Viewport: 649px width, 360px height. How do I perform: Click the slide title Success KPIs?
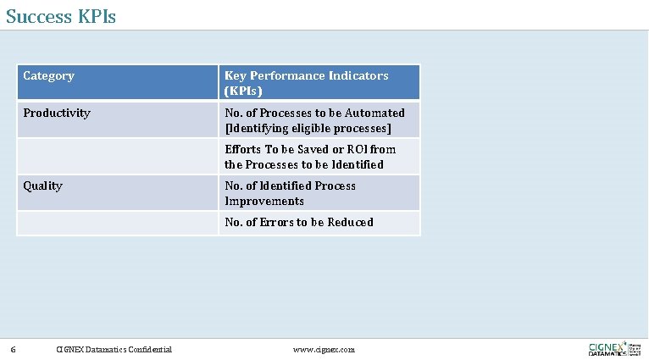pos(61,15)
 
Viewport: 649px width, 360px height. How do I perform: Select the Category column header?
pos(48,76)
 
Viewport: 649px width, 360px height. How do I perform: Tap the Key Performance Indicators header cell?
pos(306,83)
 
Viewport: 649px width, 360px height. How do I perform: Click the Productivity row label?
pos(57,113)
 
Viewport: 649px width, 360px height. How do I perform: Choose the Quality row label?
pos(42,186)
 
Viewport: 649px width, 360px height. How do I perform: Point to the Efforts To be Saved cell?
pos(310,157)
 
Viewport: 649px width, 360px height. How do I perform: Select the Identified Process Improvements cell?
pos(290,193)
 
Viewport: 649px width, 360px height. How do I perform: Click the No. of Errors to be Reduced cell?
pos(298,222)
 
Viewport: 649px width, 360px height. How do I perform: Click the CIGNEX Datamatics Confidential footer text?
pos(114,349)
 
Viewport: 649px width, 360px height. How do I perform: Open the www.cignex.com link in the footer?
pos(324,349)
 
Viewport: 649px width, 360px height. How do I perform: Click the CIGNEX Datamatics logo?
pos(614,348)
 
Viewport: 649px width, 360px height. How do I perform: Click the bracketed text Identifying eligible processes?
pos(308,129)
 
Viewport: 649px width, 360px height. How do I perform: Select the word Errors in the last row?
pos(277,222)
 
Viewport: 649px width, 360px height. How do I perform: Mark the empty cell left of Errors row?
pos(117,223)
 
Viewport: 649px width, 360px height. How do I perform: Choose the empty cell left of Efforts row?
pos(117,157)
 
